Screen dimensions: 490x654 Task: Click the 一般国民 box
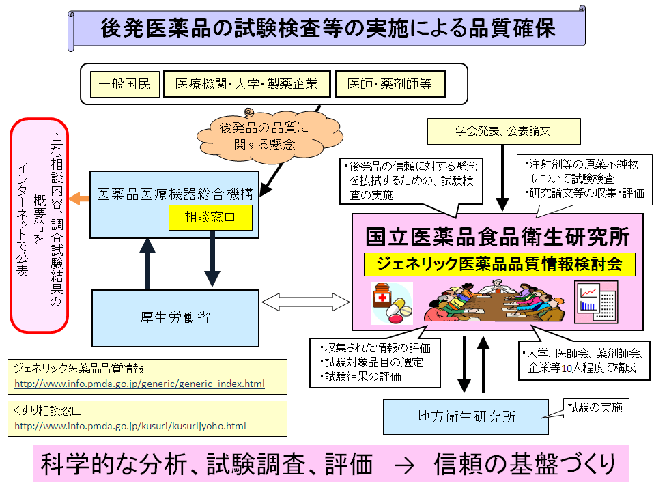125,85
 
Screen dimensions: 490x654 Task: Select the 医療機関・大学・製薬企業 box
246,85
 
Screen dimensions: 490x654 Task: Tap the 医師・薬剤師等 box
390,85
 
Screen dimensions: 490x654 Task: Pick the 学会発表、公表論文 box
503,131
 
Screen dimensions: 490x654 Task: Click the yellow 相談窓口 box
210,218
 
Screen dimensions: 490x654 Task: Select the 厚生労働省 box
175,317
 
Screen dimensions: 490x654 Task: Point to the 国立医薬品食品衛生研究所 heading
498,237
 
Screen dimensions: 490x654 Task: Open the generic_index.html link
139,384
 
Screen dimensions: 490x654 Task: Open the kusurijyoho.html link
130,427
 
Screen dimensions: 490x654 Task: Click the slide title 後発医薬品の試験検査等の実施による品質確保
328,28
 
